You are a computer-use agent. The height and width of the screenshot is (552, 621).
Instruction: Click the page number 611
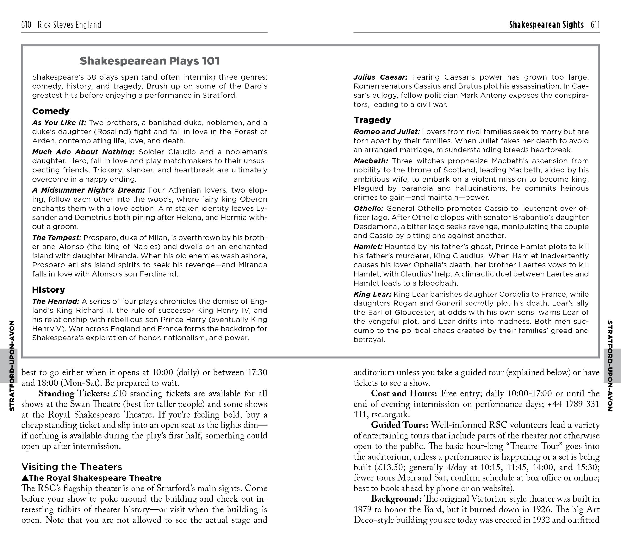[595, 25]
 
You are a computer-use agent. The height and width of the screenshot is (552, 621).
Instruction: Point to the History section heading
[49, 289]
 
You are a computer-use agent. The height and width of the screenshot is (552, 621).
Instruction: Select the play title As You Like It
[59, 123]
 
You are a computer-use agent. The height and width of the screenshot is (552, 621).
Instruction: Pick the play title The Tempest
[57, 238]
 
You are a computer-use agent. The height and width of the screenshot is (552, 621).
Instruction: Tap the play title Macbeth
[371, 161]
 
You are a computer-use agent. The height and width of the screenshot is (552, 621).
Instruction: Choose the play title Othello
[369, 209]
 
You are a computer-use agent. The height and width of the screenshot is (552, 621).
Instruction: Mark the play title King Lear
[372, 294]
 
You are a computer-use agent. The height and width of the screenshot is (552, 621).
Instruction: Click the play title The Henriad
[56, 301]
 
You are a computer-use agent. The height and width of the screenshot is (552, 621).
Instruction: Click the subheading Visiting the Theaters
[72, 467]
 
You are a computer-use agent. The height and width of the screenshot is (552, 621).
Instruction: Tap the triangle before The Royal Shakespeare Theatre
[25, 478]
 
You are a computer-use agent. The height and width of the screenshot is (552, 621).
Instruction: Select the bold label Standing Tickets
[74, 393]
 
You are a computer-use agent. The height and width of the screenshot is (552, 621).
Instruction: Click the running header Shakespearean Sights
[546, 25]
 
